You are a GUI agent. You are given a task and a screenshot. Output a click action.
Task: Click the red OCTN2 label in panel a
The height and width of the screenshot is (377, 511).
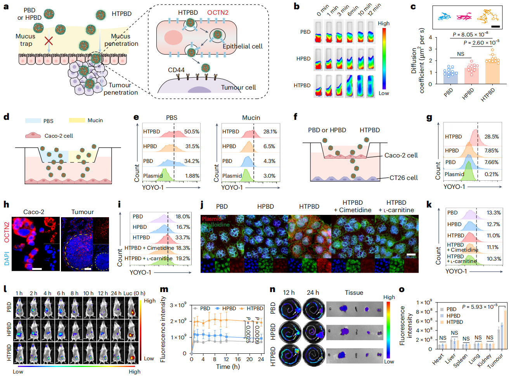pos(218,12)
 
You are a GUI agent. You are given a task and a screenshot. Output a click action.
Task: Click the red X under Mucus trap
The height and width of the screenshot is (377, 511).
pos(48,41)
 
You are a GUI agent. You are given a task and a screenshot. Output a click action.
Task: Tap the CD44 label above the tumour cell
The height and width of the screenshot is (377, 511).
pos(176,70)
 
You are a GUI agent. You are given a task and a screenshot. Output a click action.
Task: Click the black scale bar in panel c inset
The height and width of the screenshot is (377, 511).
pos(496,26)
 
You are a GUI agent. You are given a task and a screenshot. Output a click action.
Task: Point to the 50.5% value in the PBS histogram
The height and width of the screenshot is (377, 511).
pos(192,131)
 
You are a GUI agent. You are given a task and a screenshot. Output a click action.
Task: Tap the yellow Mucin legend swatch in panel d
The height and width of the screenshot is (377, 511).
pos(77,121)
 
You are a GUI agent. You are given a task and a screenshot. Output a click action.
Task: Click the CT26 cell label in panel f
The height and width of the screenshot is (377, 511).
pos(404,178)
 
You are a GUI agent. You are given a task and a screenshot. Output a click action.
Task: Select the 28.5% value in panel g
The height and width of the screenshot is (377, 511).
pos(492,137)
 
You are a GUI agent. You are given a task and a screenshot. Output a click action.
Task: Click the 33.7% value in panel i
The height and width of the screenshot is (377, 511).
pos(183,237)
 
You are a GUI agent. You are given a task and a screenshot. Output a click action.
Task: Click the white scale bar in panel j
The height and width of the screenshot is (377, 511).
pos(411,255)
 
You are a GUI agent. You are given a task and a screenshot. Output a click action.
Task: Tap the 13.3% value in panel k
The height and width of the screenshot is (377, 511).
pos(494,213)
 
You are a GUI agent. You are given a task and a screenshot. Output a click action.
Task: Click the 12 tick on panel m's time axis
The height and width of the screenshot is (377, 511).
pos(226,359)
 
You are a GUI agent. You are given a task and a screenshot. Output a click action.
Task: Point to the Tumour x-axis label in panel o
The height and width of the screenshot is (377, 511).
pos(495,360)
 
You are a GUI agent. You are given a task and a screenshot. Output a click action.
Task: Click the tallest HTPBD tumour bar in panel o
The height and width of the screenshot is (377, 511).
pos(505,328)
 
